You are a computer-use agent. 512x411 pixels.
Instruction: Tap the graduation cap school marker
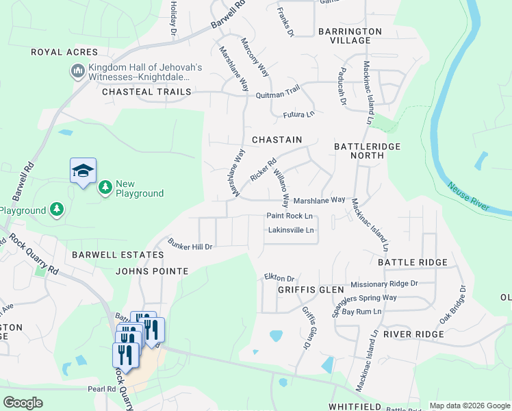pyautogui.click(x=83, y=171)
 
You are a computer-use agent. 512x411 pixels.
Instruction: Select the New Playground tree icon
pyautogui.click(x=105, y=187)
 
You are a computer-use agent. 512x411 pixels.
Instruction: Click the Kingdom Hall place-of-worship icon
pyautogui.click(x=77, y=71)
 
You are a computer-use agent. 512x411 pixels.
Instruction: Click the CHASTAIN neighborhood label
pyautogui.click(x=277, y=139)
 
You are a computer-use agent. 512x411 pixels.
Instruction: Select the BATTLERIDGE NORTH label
pyautogui.click(x=367, y=151)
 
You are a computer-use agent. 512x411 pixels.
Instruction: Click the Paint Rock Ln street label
pyautogui.click(x=290, y=216)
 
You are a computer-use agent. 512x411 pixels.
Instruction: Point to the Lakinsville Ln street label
pyautogui.click(x=291, y=230)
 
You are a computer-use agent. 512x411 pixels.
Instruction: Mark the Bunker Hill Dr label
pyautogui.click(x=191, y=246)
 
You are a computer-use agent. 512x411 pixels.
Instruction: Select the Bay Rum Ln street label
pyautogui.click(x=362, y=312)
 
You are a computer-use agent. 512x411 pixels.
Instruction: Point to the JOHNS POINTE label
pyautogui.click(x=152, y=271)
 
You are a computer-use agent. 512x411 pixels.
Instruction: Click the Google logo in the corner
pyautogui.click(x=23, y=403)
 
